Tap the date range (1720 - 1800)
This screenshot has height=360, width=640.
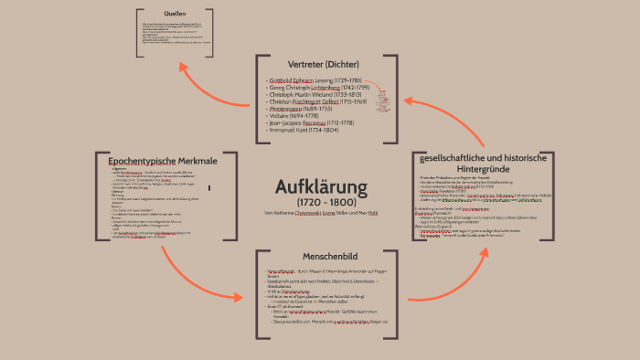(x=321, y=201)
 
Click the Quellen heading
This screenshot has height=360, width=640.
(x=176, y=15)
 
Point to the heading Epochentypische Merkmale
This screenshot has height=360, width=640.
(x=156, y=161)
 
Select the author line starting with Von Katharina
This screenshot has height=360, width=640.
(x=321, y=213)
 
